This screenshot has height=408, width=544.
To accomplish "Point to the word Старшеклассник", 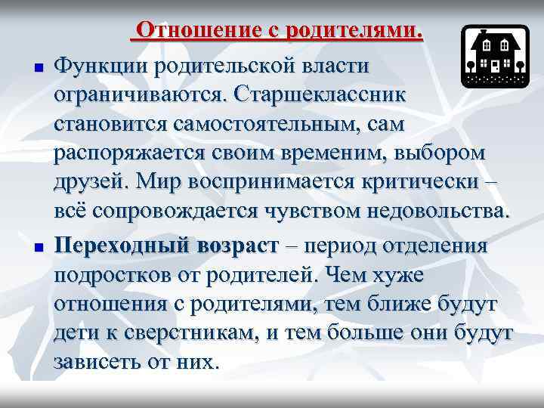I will click(322, 95).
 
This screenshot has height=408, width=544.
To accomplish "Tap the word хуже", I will click(398, 275).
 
